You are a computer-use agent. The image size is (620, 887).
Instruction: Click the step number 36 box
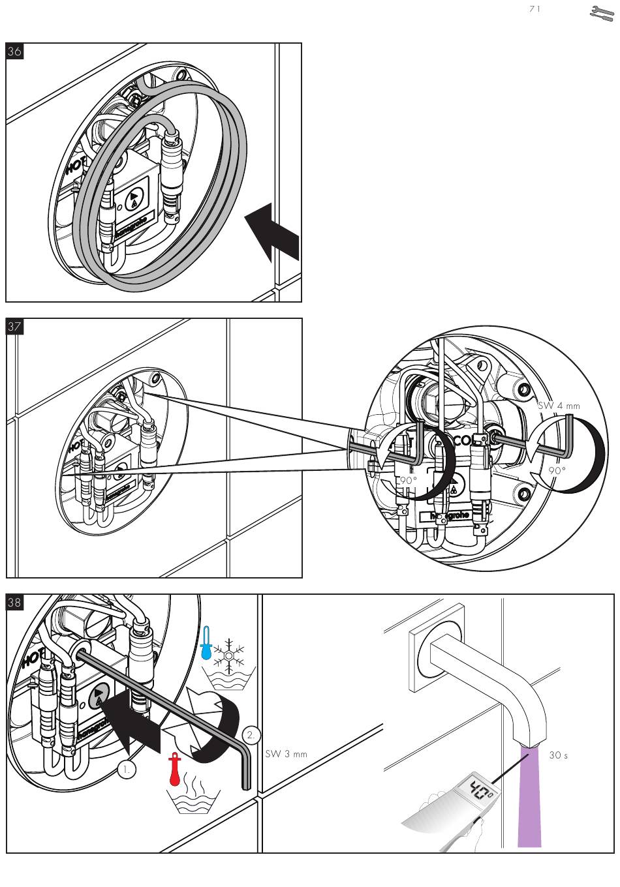coord(14,52)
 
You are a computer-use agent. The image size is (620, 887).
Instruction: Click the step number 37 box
coord(14,327)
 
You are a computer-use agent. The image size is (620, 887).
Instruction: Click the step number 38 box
coord(14,603)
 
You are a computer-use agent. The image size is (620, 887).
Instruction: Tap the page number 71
coord(535,9)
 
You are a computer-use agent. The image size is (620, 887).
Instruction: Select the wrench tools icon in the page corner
coord(603,13)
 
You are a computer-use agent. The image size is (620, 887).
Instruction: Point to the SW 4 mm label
coord(559,405)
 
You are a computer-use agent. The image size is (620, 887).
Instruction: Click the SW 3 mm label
coord(286,755)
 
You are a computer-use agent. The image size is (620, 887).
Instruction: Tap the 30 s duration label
coord(558,755)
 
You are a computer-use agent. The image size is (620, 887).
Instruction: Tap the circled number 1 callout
coord(127,769)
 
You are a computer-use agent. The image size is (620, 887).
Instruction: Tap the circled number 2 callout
coord(252,735)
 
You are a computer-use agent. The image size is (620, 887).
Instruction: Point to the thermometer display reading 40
coord(481,790)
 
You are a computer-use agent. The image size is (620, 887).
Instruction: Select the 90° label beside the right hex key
coord(557,470)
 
